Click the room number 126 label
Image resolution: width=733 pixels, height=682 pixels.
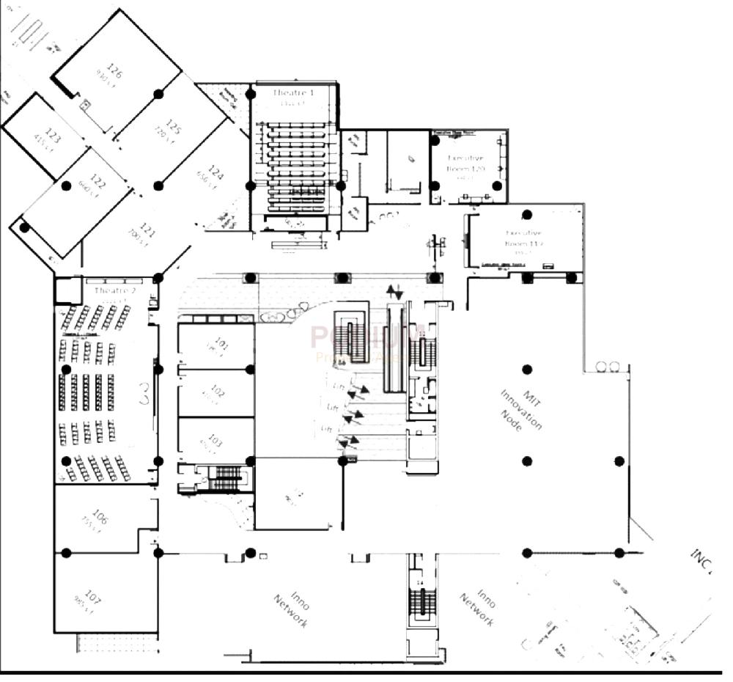[114, 71]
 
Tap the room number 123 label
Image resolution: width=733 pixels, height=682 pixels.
[53, 136]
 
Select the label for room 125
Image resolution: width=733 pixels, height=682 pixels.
[173, 127]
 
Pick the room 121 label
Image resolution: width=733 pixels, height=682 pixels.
[147, 232]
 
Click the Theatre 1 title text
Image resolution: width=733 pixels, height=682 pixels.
[293, 93]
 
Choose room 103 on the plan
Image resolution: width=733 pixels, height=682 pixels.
[216, 440]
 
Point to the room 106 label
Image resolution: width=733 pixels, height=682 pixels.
[100, 518]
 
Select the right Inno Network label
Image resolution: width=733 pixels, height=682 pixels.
[477, 607]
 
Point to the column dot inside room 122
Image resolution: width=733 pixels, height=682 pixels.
[66, 186]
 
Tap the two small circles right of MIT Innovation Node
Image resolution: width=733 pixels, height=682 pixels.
[607, 367]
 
